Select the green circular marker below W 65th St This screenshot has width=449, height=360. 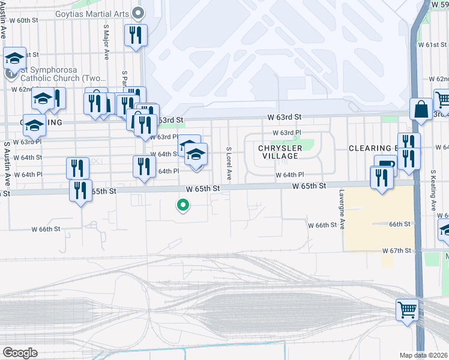tap(183, 206)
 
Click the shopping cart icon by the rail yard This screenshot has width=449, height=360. tap(407, 311)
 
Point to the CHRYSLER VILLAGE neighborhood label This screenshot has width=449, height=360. tap(278, 152)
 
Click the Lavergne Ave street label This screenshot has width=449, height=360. tap(340, 206)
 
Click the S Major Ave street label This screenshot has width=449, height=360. tap(106, 42)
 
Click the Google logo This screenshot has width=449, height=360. tap(20, 352)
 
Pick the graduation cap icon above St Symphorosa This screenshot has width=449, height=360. tap(15, 58)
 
